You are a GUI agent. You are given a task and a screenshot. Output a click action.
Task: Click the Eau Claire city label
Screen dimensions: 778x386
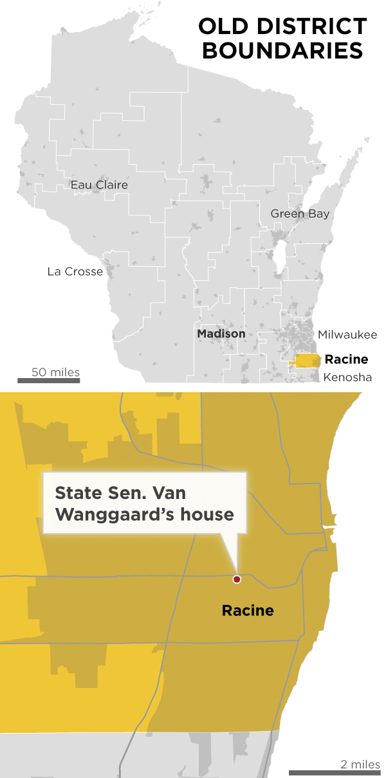point(99,185)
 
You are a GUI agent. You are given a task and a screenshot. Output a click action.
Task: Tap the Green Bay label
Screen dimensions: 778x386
point(300,213)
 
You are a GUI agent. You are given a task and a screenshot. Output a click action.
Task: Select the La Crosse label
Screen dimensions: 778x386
point(75,271)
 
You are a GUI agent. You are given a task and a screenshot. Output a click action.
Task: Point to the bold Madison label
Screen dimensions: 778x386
point(221,334)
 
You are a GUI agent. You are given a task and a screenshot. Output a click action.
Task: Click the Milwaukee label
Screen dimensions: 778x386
point(347,334)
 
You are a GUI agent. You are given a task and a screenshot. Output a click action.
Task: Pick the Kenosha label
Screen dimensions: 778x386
point(347,377)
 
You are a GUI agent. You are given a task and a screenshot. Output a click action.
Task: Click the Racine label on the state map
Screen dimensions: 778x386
point(346,359)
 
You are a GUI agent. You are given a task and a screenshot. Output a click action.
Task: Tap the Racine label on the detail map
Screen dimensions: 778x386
point(248,610)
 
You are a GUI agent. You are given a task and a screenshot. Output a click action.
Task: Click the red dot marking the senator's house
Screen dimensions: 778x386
point(237,579)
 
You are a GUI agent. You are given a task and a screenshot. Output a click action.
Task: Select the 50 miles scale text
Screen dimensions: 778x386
point(56,372)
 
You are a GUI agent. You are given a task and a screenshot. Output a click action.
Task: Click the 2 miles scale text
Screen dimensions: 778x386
point(360,764)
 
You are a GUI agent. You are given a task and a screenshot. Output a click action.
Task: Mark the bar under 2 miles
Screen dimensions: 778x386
point(335,773)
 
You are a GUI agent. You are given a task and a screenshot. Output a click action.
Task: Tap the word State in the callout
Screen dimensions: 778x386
point(76,493)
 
